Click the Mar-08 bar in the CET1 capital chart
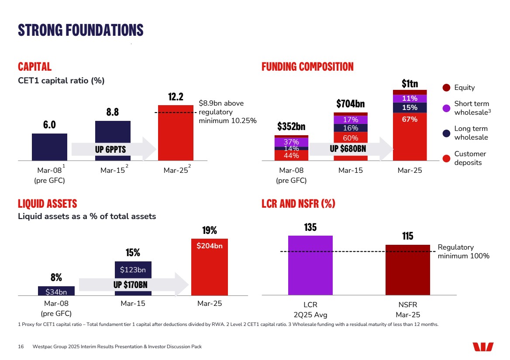click(x=49, y=147)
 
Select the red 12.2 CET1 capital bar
click(x=176, y=133)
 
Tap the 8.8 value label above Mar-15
click(x=113, y=112)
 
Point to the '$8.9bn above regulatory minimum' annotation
click(x=227, y=112)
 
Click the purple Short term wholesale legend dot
click(x=446, y=108)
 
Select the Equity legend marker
click(x=446, y=88)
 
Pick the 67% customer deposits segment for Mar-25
click(x=410, y=137)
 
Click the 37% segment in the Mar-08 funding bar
click(x=291, y=142)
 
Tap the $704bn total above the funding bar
click(x=350, y=104)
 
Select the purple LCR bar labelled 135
click(x=310, y=265)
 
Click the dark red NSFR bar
click(x=407, y=270)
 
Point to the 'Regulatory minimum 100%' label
click(x=463, y=252)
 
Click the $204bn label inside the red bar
click(x=210, y=246)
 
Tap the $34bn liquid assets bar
click(x=56, y=291)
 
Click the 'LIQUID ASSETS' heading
click(x=47, y=204)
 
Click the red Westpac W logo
click(x=483, y=347)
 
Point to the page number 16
click(x=21, y=347)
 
